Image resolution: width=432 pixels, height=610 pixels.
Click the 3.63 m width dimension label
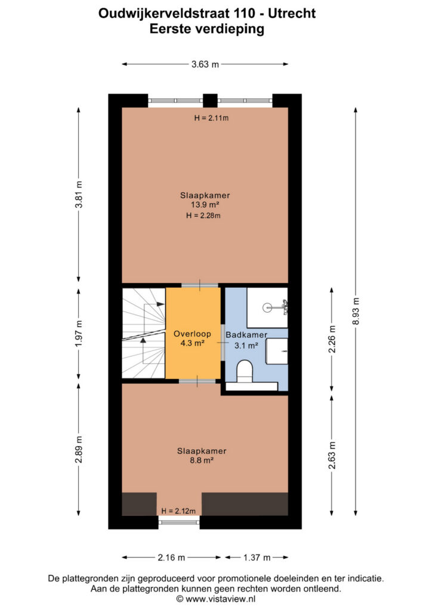click(x=205, y=64)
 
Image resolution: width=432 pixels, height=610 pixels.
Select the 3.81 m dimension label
click(x=79, y=194)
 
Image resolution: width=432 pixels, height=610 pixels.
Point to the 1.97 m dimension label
click(x=79, y=334)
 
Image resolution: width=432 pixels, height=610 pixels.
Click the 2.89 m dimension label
click(x=79, y=449)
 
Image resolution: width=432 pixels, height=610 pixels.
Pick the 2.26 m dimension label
click(x=332, y=339)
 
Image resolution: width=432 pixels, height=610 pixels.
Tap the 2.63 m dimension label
click(x=332, y=455)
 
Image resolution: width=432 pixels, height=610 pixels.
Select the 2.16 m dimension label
click(x=171, y=558)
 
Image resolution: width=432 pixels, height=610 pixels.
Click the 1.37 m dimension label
click(x=257, y=558)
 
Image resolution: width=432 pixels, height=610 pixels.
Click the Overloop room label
click(x=193, y=334)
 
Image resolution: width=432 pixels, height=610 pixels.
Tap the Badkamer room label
click(x=246, y=335)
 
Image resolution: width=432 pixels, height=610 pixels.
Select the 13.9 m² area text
click(x=205, y=205)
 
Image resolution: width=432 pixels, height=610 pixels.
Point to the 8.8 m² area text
click(x=201, y=460)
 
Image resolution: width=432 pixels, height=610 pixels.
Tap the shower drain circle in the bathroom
click(x=268, y=308)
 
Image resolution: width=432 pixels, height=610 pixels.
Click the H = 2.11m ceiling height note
click(x=211, y=118)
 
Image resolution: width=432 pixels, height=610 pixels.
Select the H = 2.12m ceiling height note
click(x=178, y=511)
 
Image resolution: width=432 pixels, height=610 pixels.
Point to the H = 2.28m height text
click(x=203, y=216)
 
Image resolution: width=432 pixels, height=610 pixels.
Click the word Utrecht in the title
click(x=292, y=14)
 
